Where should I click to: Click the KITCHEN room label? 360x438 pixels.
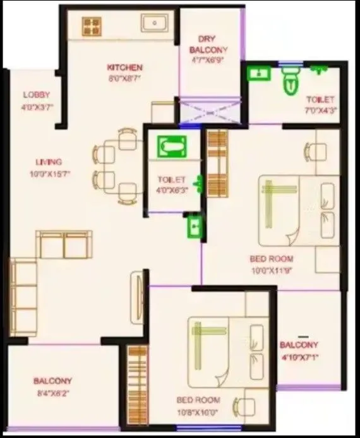[124, 67]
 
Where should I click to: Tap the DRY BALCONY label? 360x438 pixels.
[208, 44]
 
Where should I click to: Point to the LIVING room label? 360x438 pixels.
[49, 162]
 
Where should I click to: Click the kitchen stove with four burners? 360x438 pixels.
[92, 26]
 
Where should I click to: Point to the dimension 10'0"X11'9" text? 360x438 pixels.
[272, 269]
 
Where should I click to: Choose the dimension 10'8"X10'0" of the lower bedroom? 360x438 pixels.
[198, 411]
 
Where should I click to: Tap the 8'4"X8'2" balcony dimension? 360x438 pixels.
[52, 393]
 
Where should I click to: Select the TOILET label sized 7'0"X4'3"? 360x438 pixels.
[320, 100]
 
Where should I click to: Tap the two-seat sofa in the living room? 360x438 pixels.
[64, 244]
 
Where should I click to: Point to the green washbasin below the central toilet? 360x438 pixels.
[194, 225]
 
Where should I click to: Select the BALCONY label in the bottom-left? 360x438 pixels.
[52, 381]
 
